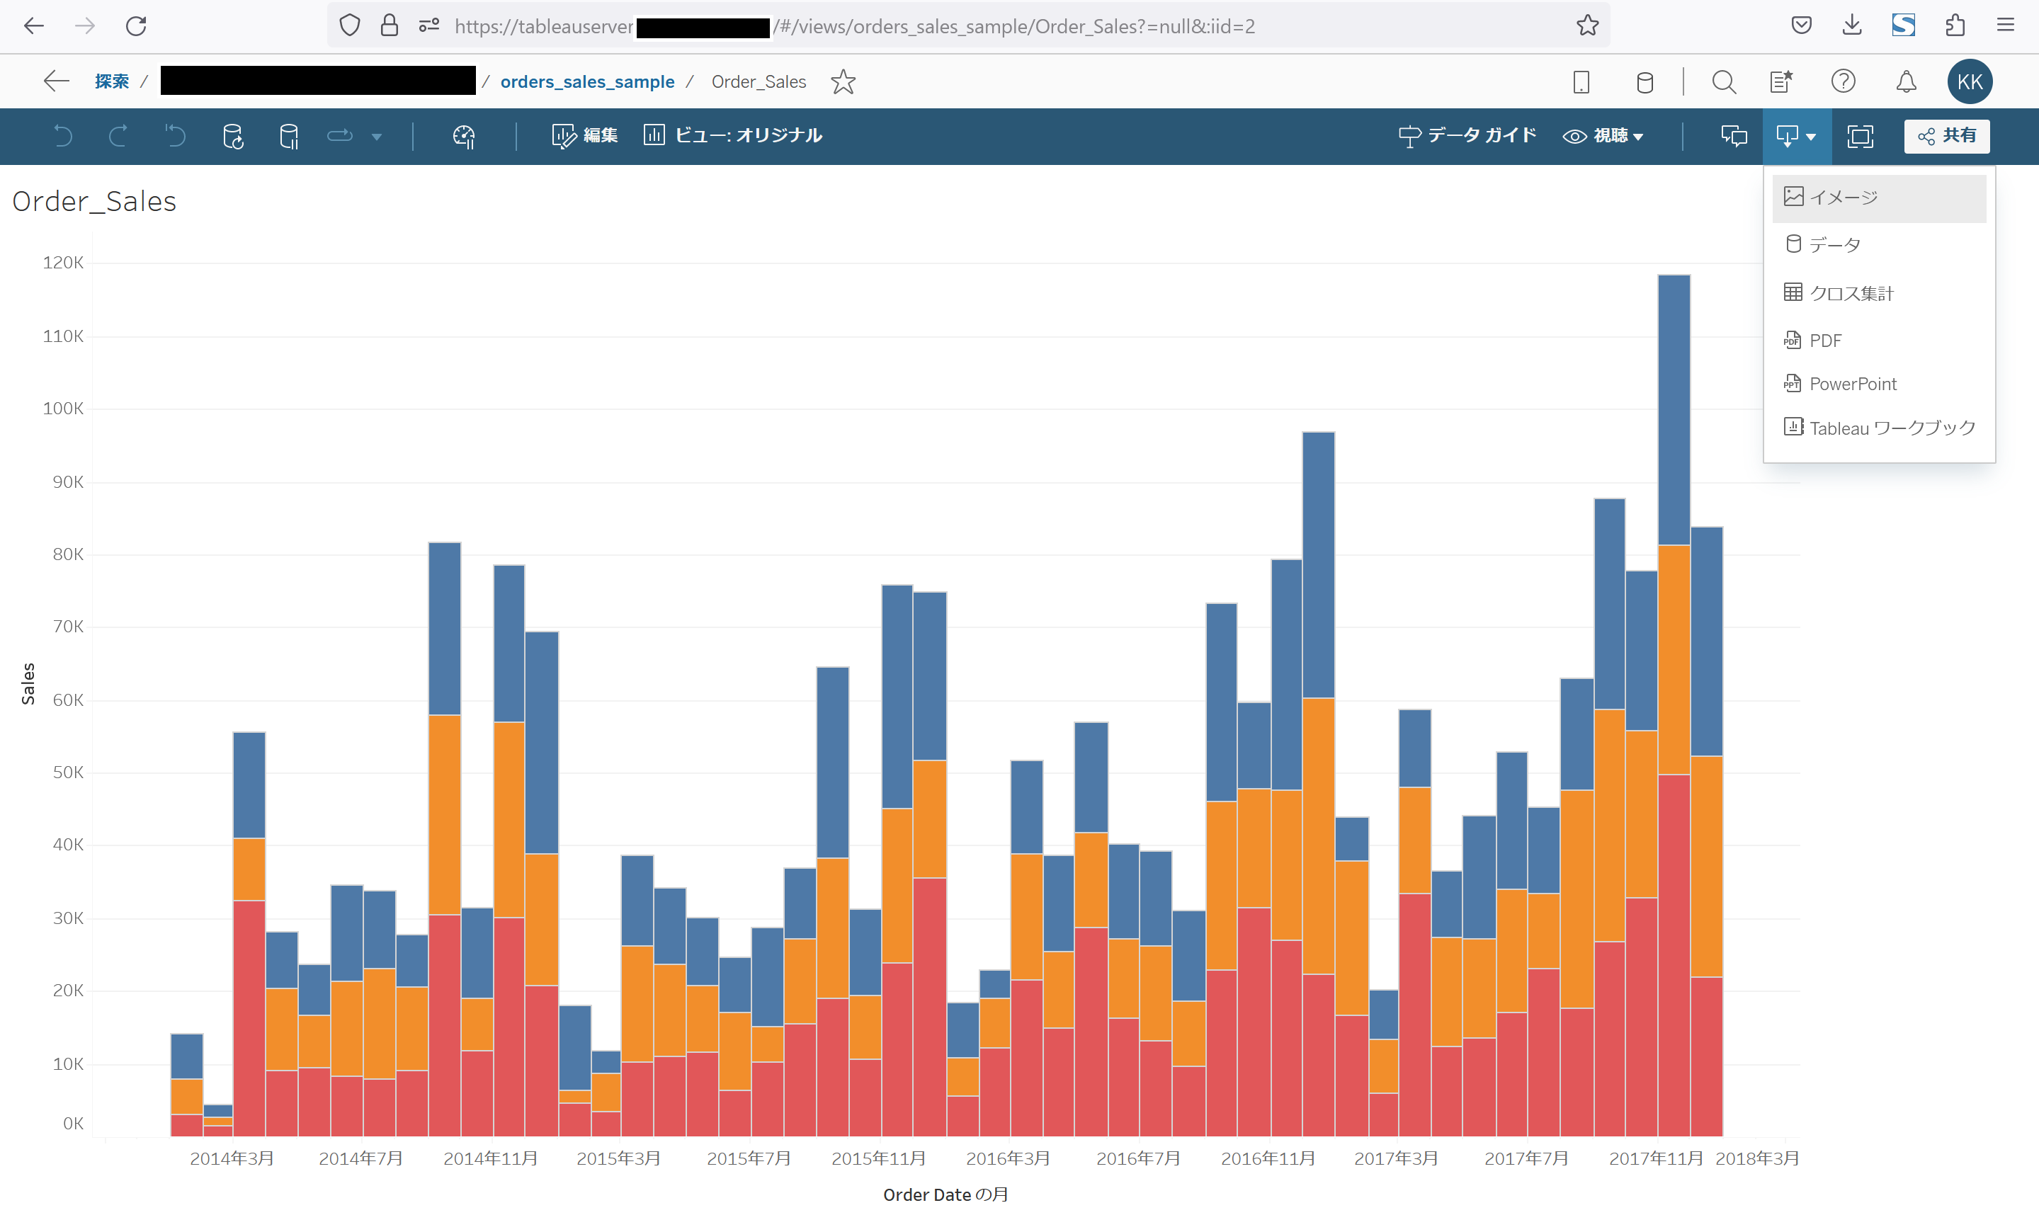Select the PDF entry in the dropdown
click(1824, 341)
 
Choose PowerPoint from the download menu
click(1852, 384)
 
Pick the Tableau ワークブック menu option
click(1891, 428)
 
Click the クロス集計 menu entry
click(1851, 293)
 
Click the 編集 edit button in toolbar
click(586, 136)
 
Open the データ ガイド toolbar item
click(1467, 136)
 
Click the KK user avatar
click(1969, 82)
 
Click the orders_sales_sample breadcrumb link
click(587, 82)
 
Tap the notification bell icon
click(1906, 82)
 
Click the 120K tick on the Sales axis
click(63, 263)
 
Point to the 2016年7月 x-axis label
click(1137, 1158)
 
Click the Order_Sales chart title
click(94, 201)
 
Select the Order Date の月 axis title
click(945, 1194)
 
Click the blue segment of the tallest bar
click(1674, 409)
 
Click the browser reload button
click(136, 26)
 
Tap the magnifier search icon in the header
click(1723, 82)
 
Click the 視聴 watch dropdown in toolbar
click(1603, 136)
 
